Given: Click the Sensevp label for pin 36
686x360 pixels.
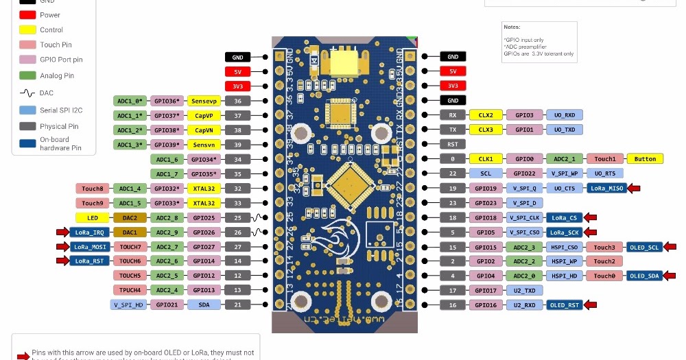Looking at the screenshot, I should tap(204, 101).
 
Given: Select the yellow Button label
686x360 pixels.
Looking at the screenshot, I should tap(645, 158).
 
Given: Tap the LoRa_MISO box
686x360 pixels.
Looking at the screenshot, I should tap(606, 188).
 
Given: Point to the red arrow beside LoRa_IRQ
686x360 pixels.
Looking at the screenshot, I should tap(60, 232).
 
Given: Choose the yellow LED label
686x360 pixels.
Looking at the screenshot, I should tap(93, 217).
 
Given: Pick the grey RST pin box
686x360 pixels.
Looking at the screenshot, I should tap(453, 144).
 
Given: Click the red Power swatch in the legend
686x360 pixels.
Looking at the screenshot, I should tap(27, 14).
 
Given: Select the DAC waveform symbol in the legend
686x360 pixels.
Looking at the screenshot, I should tap(27, 93).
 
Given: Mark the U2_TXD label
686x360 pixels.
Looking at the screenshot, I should tap(525, 291).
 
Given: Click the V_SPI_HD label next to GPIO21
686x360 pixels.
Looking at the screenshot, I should tap(128, 304).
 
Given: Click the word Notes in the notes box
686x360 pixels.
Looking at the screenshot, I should tap(512, 27).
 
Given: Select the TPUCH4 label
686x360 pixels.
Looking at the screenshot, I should tap(130, 290).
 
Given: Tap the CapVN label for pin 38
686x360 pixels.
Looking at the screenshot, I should tap(204, 130).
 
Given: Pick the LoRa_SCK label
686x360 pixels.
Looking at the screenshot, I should tap(565, 232).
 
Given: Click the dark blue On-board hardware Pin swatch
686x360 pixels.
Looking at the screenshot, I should tap(27, 143).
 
